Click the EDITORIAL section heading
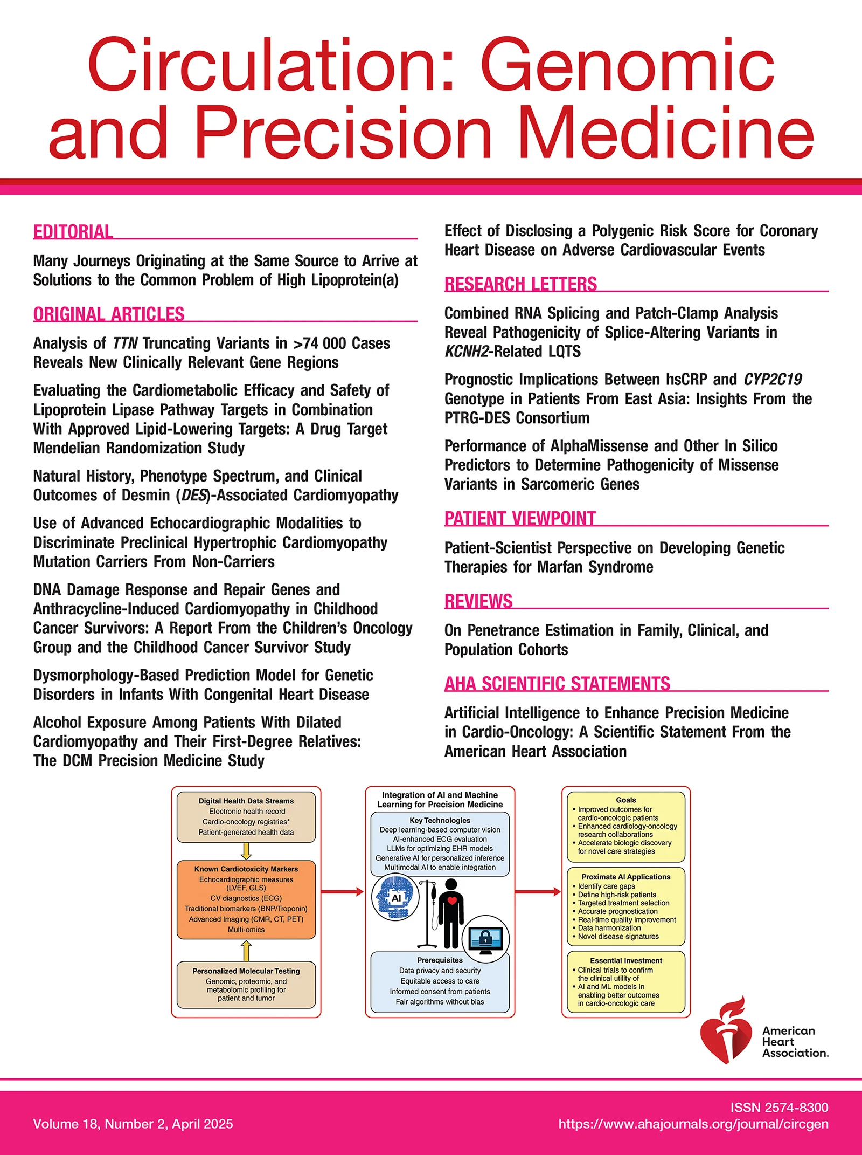[73, 232]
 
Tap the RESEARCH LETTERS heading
[520, 284]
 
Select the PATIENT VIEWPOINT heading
[520, 518]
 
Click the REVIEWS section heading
[478, 601]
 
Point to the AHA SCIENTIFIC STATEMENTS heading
[557, 684]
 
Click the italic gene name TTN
[125, 343]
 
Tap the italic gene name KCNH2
[467, 352]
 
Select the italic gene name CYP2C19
[773, 380]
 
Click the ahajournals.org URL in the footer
[693, 1124]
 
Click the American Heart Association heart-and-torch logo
[724, 1031]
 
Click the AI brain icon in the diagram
[395, 897]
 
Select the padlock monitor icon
[485, 939]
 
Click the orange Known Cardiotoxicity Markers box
[246, 899]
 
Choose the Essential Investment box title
[625, 960]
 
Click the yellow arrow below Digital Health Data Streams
[246, 851]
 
